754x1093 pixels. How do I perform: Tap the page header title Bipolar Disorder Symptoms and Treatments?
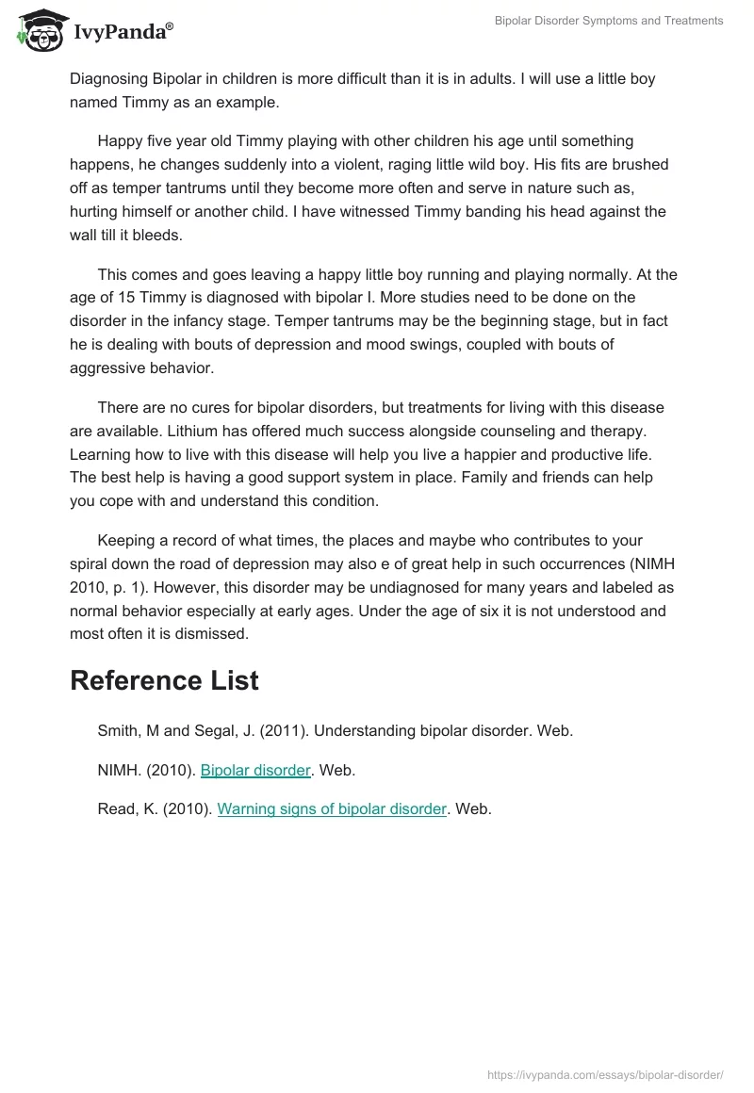(x=609, y=21)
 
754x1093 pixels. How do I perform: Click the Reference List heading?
(x=164, y=680)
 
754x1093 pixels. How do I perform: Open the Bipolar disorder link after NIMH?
(x=255, y=770)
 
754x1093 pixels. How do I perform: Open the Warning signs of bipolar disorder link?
(x=332, y=808)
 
